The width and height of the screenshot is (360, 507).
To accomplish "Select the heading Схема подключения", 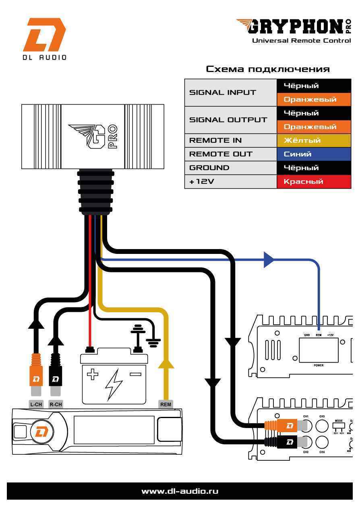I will (268, 69).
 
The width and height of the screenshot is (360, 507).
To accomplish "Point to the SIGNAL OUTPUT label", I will (228, 120).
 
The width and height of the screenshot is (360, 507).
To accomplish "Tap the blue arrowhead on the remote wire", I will (269, 260).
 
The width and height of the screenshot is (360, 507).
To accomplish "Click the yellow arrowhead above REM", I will (166, 363).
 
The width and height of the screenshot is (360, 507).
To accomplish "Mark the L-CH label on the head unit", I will (36, 404).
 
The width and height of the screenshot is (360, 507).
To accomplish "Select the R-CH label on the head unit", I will (55, 404).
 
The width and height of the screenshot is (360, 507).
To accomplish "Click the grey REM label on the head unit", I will (166, 404).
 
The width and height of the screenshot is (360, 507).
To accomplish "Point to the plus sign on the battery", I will (93, 375).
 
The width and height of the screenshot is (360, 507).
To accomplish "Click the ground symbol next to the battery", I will (153, 342).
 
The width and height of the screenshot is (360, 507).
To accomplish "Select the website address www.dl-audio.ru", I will (180, 491).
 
